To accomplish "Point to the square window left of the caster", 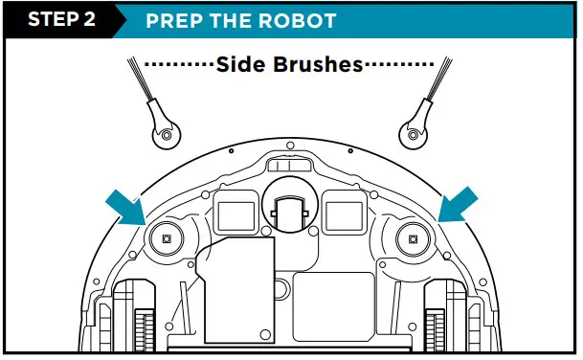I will tap(233, 207).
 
